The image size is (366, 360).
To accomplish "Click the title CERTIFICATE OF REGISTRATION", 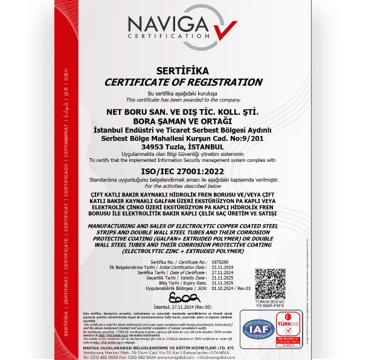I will point(183,82).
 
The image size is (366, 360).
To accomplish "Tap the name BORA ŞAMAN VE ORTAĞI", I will point(182,122).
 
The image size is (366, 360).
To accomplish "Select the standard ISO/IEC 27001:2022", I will point(182,172).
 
